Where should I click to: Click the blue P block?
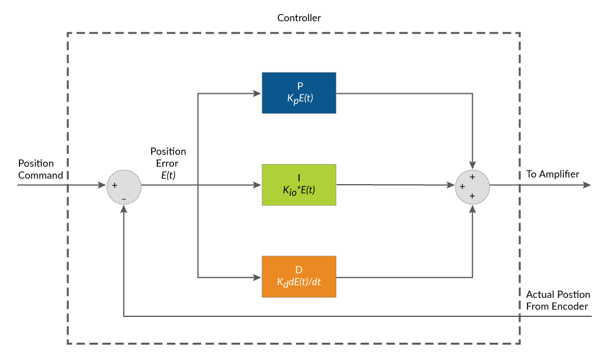[x=299, y=93]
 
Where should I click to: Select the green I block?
[x=299, y=185]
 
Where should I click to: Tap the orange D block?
[x=299, y=276]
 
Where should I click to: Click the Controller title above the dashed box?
[x=299, y=18]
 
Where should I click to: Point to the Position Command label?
[x=40, y=169]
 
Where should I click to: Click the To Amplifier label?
[x=553, y=174]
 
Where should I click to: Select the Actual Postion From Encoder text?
[x=557, y=300]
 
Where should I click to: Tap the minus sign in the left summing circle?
[x=124, y=199]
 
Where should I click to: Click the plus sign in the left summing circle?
[x=114, y=185]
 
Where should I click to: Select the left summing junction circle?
[x=124, y=187]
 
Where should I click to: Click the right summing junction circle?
[x=473, y=186]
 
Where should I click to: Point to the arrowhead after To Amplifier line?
[x=586, y=185]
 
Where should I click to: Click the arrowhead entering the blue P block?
[x=258, y=93]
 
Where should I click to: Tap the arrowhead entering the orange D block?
[x=258, y=277]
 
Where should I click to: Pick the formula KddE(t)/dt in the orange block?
[x=299, y=282]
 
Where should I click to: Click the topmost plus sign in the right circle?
[x=473, y=176]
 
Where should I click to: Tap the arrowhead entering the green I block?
[x=258, y=185]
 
